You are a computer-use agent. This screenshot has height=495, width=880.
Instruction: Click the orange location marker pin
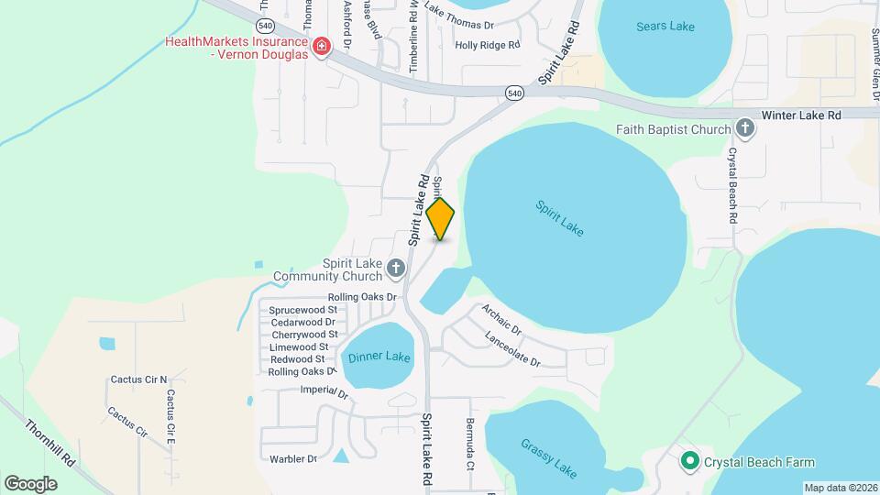click(x=441, y=218)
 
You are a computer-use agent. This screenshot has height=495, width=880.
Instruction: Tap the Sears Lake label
click(x=665, y=27)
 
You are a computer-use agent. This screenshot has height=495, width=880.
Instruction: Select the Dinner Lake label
click(x=379, y=357)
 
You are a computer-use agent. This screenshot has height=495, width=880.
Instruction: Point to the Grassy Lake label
click(x=549, y=458)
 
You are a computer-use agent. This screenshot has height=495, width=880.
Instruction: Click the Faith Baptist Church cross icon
click(x=746, y=129)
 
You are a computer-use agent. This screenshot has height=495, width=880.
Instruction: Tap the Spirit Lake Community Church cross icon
click(x=396, y=269)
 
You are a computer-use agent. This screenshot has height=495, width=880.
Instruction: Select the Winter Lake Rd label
click(x=800, y=115)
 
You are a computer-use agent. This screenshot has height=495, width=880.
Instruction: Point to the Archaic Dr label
click(x=501, y=319)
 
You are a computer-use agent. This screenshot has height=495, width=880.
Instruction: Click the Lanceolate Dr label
click(x=513, y=349)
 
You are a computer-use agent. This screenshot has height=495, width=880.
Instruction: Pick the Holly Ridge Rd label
click(x=487, y=44)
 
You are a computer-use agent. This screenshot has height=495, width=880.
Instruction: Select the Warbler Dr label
click(x=293, y=458)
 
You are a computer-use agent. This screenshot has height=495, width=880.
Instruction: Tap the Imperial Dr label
click(x=325, y=393)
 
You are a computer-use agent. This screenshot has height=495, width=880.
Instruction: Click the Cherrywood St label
click(x=303, y=335)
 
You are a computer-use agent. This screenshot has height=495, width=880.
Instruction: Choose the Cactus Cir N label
click(x=139, y=379)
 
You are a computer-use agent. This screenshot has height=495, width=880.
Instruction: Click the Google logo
click(x=30, y=483)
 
